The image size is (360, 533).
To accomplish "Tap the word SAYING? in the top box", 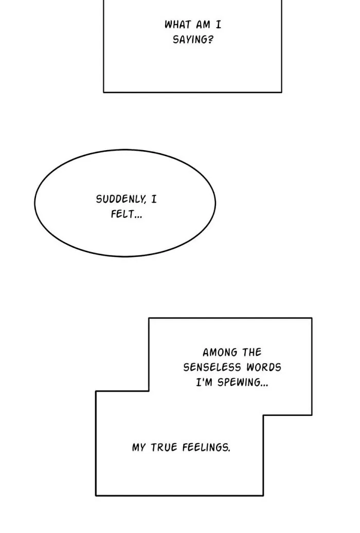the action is pyautogui.click(x=193, y=40).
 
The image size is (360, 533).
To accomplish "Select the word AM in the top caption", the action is pyautogui.click(x=203, y=25).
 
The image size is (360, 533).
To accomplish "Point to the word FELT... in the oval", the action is pyautogui.click(x=126, y=214).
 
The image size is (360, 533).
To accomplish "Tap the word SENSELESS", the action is pyautogui.click(x=212, y=367).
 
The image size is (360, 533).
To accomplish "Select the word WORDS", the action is pyautogui.click(x=264, y=367).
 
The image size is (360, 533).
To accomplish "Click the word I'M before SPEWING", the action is pyautogui.click(x=204, y=382).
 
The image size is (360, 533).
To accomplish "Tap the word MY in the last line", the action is pyautogui.click(x=138, y=447).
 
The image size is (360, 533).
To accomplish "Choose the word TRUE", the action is pyautogui.click(x=164, y=447).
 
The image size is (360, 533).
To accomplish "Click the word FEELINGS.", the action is pyautogui.click(x=205, y=447).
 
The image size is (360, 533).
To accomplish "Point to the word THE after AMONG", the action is pyautogui.click(x=252, y=353).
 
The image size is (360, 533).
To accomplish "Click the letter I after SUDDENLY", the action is pyautogui.click(x=154, y=199).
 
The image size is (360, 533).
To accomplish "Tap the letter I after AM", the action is pyautogui.click(x=218, y=25).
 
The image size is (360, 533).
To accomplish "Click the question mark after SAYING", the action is pyautogui.click(x=211, y=40).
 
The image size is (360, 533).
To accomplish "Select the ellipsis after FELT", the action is pyautogui.click(x=138, y=217).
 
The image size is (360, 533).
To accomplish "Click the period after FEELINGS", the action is pyautogui.click(x=229, y=451).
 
